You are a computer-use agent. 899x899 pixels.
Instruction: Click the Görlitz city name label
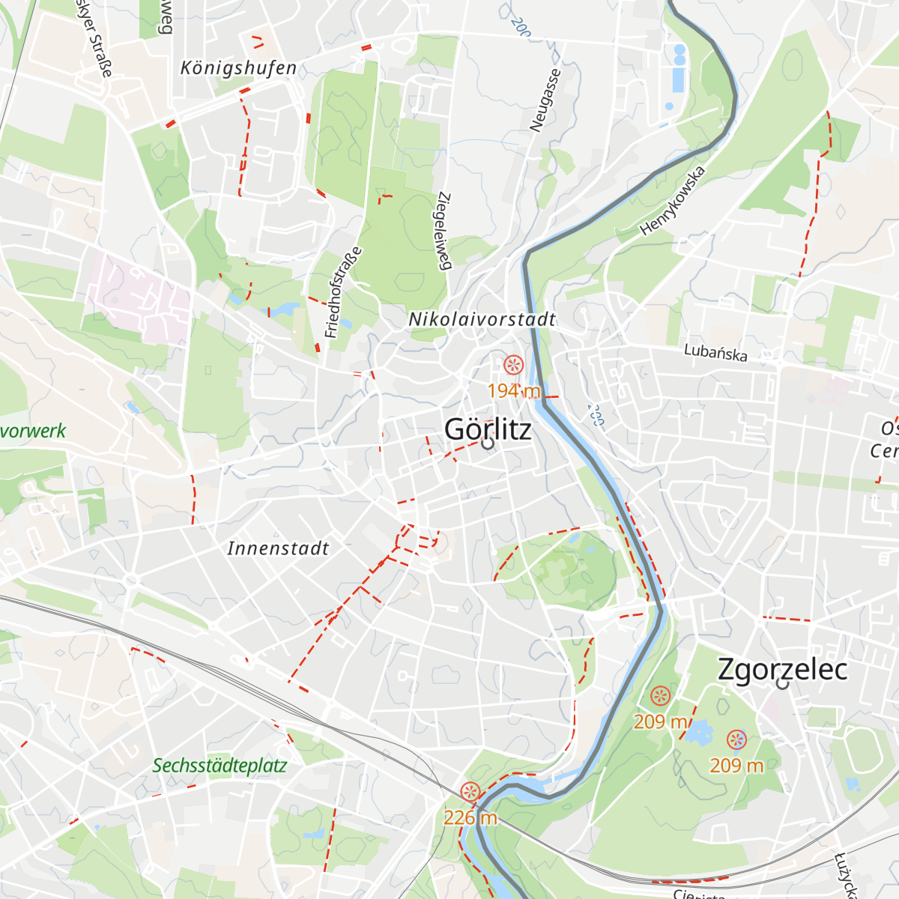point(488,429)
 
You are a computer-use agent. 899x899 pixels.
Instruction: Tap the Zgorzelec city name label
point(782,669)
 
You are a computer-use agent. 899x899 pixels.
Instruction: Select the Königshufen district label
point(238,68)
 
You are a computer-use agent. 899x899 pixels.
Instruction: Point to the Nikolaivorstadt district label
point(482,319)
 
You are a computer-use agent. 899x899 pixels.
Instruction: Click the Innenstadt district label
point(278,548)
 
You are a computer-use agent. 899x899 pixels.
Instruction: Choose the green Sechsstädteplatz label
point(220,766)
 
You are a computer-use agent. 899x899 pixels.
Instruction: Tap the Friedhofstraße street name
point(343,292)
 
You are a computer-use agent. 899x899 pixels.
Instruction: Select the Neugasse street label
point(545,101)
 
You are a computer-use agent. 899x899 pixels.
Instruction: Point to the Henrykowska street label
point(673,201)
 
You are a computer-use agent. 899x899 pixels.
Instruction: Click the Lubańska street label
point(715,352)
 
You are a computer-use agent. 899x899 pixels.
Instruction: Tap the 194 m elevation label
point(513,390)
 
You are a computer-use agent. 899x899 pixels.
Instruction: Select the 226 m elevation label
point(470,817)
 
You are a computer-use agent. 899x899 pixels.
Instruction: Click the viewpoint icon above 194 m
point(513,365)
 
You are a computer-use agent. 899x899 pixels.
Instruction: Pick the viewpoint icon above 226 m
point(470,791)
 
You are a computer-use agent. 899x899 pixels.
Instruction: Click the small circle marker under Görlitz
point(488,444)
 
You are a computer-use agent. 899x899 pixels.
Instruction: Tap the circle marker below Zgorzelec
point(783,683)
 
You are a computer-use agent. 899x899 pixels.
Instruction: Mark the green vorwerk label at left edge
point(33,431)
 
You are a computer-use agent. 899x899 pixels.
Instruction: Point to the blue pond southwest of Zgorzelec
point(699,731)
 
